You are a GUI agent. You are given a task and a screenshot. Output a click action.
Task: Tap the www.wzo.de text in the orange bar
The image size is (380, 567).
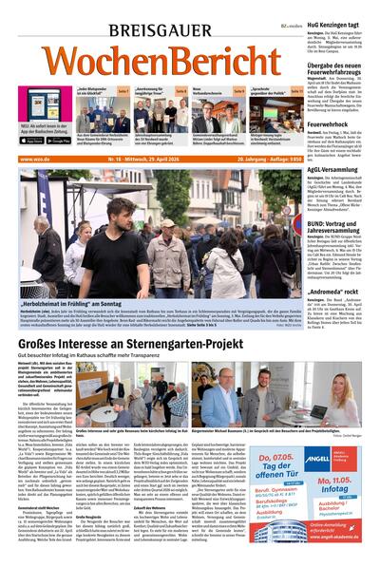(35, 159)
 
